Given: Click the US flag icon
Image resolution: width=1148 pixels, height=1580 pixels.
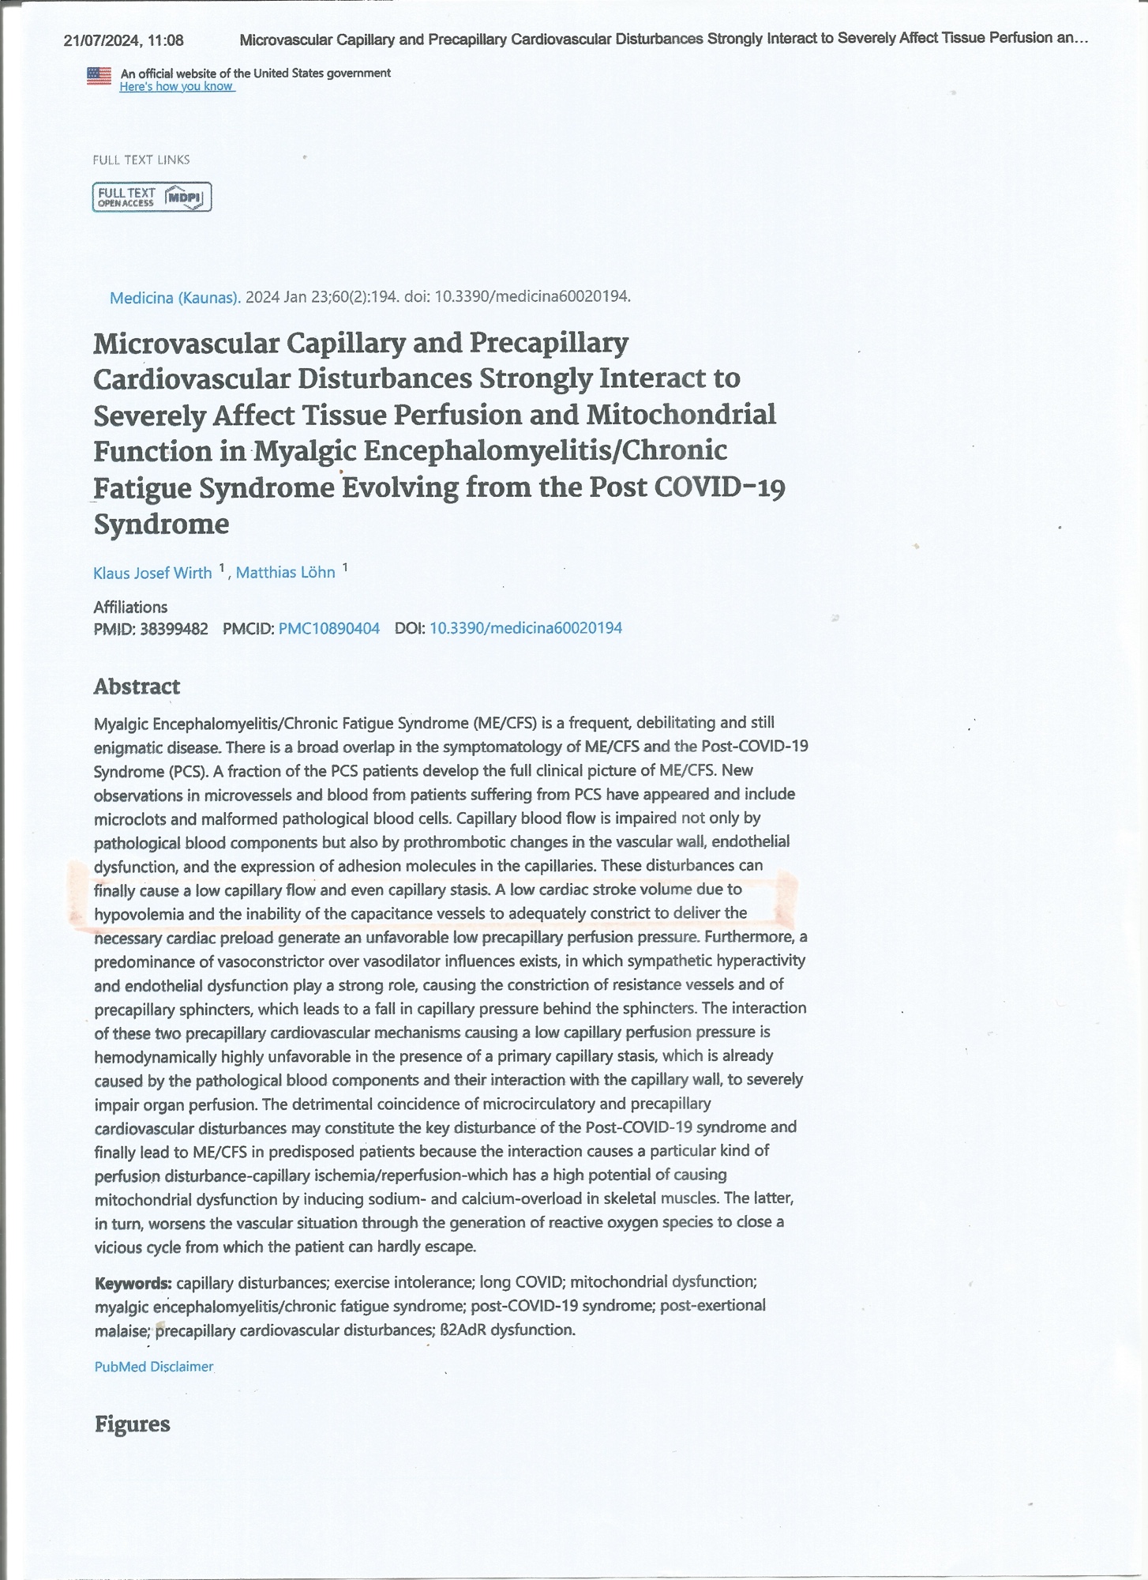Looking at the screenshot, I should coord(99,77).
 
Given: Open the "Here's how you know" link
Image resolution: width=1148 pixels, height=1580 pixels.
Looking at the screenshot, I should coord(177,86).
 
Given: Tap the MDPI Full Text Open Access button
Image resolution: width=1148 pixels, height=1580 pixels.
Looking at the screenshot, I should coord(152,197).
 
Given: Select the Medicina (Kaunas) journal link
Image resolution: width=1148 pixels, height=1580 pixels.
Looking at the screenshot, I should coord(174,297).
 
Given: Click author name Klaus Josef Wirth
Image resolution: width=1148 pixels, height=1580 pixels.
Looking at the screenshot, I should coord(152,573).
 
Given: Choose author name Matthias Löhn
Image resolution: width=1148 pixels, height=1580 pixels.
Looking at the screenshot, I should coord(285,572).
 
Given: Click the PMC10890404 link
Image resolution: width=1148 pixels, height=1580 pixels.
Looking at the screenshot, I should coord(328,628).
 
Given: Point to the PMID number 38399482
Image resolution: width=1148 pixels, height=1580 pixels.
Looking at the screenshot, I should coord(174,629).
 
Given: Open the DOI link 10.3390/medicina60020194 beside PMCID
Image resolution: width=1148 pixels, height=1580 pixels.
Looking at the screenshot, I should coord(525,628).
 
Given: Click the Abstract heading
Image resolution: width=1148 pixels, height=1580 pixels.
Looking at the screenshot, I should coord(137,687).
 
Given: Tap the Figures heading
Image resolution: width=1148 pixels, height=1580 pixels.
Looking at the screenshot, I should coord(132,1424).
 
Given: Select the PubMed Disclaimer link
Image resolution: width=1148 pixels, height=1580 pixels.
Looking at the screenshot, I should coord(153,1366).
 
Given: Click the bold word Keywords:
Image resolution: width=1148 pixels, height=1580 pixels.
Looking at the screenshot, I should coord(133,1282).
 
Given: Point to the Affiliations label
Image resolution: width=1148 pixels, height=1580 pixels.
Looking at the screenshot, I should coord(130,607).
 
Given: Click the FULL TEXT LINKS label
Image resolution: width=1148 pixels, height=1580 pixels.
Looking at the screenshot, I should coord(141,160).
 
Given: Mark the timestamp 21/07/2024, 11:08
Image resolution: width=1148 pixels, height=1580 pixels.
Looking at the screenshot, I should coord(124,40).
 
